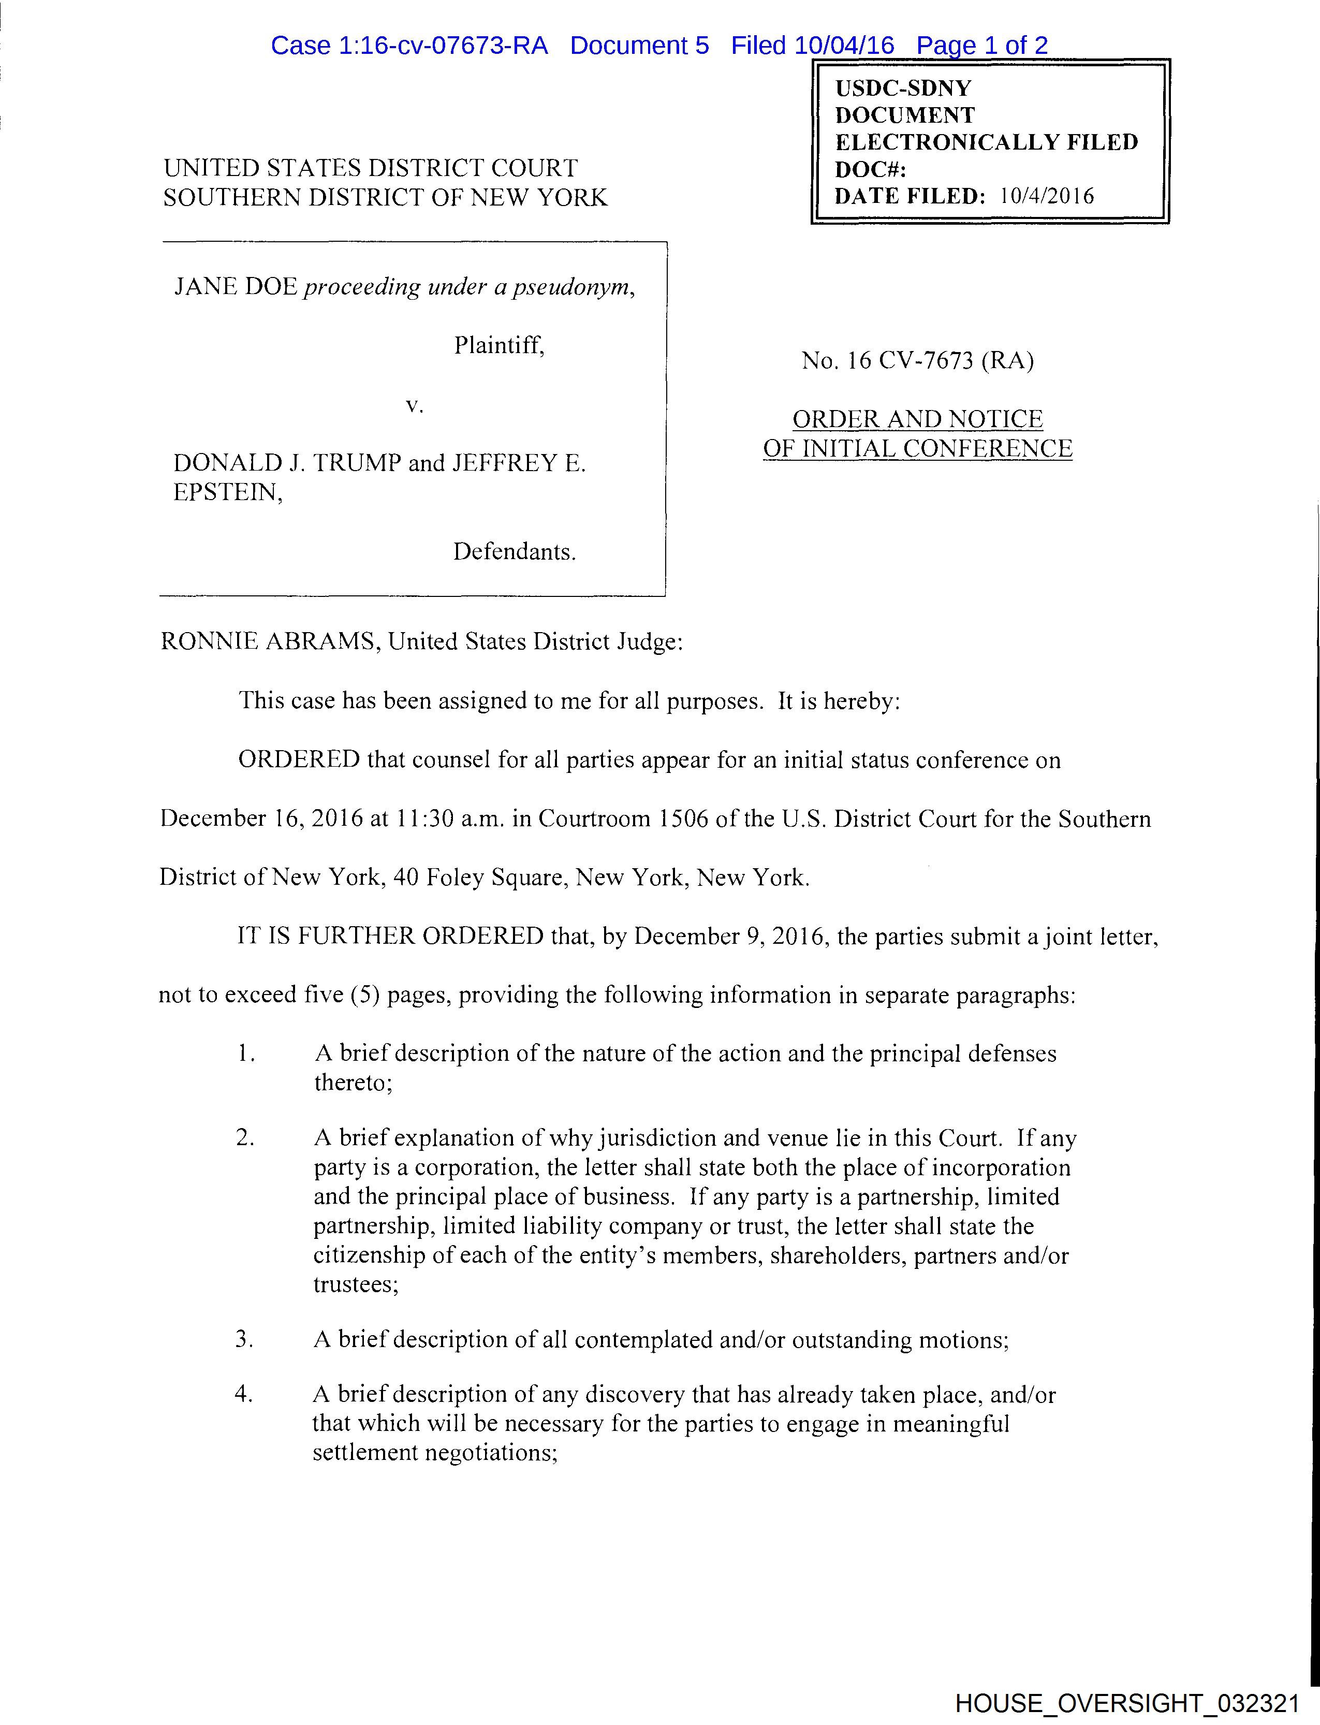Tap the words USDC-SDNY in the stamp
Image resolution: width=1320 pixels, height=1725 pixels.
click(903, 88)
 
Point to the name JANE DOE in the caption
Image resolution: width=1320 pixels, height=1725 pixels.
click(235, 287)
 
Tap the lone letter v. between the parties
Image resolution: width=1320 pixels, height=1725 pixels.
click(414, 405)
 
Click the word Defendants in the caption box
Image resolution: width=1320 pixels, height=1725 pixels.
click(513, 552)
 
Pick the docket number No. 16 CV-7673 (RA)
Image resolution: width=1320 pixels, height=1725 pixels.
click(917, 361)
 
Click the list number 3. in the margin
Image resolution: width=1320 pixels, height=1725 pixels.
click(244, 1339)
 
